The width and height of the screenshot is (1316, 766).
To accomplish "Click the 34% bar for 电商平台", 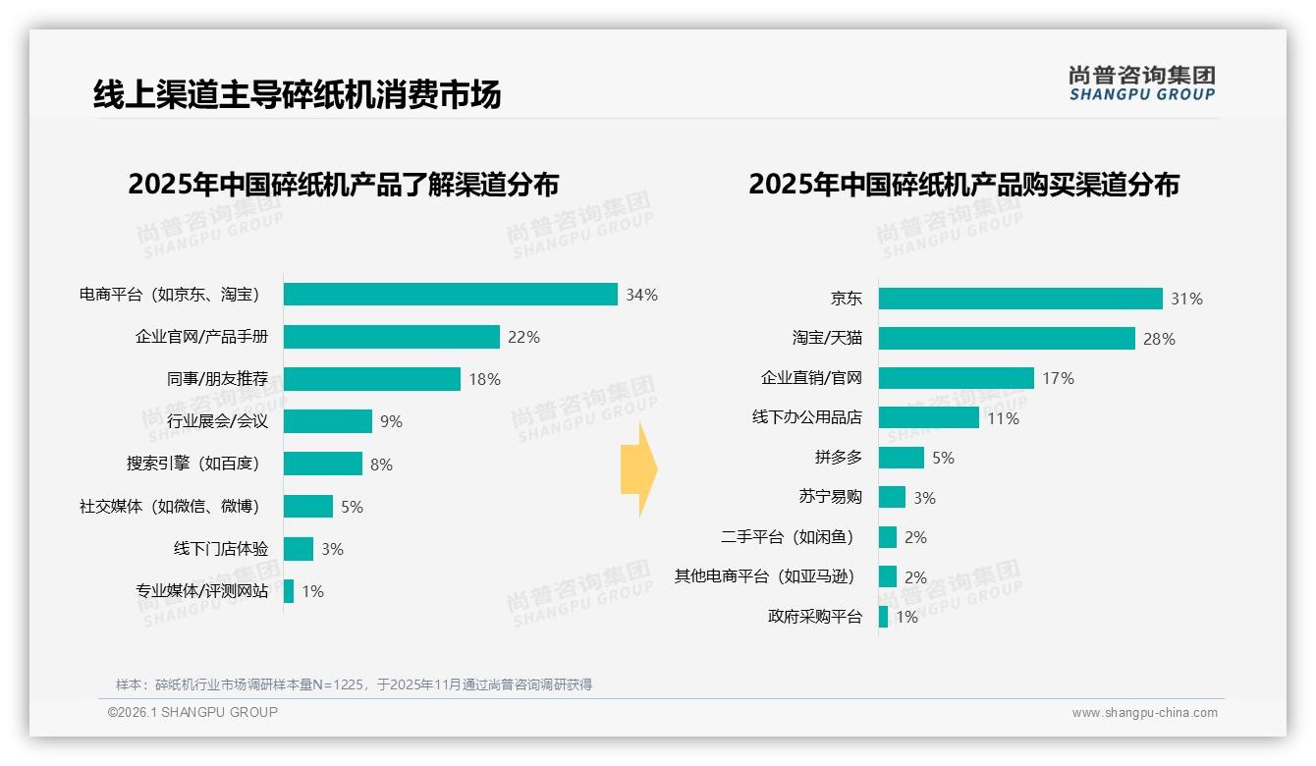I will tap(450, 295).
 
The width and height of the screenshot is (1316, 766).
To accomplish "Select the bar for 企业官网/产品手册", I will tap(391, 337).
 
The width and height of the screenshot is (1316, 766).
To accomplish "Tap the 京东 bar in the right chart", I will tap(1020, 299).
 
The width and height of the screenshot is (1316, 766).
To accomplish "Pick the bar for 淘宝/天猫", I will tap(1007, 338).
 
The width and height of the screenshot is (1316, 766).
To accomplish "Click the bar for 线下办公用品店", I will tap(928, 417).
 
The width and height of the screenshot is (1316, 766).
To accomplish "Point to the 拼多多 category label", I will tap(838, 458).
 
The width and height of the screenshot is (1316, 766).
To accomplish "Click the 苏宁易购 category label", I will tap(830, 497).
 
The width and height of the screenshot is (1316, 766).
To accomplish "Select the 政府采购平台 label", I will tap(814, 617).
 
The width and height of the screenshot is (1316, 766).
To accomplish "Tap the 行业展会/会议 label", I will tap(217, 421).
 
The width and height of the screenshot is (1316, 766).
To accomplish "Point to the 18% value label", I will tap(484, 379).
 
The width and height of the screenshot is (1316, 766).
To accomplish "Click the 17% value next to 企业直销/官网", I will tap(1059, 378).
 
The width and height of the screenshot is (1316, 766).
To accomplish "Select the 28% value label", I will tap(1159, 339).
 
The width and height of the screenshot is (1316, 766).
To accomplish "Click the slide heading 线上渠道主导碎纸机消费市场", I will tap(297, 94).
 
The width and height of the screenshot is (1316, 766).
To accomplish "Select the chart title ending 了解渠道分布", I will tap(343, 185).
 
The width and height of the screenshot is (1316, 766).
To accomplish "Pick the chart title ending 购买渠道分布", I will tap(963, 185).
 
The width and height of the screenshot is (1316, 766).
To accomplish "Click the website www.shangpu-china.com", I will tap(1144, 713).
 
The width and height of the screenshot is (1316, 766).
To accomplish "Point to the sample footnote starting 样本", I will tap(354, 684).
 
